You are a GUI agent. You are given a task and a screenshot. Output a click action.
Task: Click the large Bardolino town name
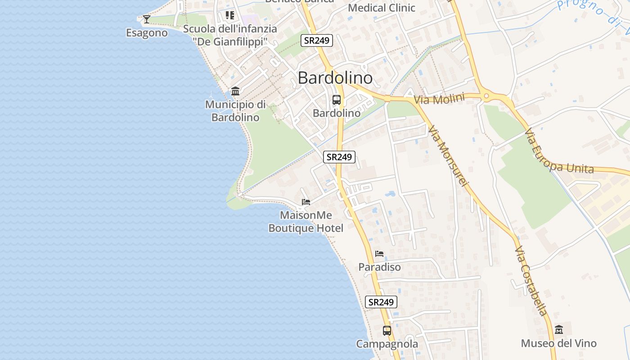(335, 78)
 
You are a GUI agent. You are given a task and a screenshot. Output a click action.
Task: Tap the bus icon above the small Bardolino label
(336, 100)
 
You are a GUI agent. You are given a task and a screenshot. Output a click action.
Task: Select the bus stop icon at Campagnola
(387, 331)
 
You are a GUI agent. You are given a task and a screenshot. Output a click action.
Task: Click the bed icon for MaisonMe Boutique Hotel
(306, 202)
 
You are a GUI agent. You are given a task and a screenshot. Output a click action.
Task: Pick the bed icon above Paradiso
(379, 254)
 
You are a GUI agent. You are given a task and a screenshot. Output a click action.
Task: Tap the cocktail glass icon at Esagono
(146, 19)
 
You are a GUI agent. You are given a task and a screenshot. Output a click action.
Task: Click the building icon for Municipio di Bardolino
(235, 91)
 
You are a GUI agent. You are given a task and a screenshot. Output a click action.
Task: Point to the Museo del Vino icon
(559, 330)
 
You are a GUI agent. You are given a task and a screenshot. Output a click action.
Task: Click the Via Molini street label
(439, 99)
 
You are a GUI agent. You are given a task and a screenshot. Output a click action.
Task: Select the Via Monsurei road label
(449, 156)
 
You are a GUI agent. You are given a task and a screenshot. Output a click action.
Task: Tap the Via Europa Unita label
(559, 153)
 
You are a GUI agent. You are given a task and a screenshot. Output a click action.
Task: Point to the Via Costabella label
(531, 281)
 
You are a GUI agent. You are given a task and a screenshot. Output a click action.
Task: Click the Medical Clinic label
(382, 8)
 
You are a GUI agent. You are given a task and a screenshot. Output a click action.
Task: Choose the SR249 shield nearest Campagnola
(381, 302)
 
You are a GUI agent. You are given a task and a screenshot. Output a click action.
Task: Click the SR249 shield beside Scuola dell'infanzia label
(317, 40)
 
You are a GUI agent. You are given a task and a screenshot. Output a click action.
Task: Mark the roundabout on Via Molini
(486, 95)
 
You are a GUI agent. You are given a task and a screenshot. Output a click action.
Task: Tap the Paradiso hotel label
(379, 267)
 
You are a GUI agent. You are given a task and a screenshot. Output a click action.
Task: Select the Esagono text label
(147, 33)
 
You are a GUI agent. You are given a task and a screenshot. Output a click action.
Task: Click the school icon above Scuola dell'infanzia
(230, 15)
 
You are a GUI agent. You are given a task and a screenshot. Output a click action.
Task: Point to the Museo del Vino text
(558, 343)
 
